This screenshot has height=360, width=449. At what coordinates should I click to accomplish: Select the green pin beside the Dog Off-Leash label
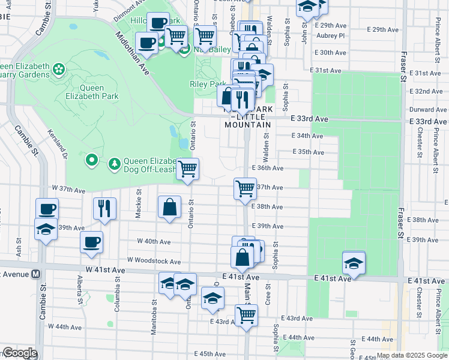coord(91,160)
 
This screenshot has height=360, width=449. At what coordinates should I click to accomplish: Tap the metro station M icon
coord(36,274)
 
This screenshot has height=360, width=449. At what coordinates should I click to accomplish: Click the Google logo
coord(19,353)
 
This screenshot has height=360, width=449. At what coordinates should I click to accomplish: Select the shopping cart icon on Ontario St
coord(188,169)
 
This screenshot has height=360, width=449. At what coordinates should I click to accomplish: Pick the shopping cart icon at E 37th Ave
coord(245,188)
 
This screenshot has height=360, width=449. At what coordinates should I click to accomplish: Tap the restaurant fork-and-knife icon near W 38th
coord(104,208)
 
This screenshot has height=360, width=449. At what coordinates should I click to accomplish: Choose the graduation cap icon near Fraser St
coord(354,262)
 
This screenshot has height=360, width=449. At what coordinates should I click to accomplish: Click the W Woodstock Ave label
coord(154,262)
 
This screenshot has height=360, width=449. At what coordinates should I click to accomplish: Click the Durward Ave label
coord(427,110)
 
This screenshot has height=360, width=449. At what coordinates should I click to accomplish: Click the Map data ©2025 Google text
coord(411,355)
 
